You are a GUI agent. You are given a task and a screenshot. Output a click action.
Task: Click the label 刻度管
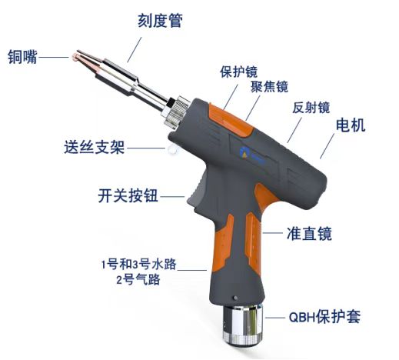161,21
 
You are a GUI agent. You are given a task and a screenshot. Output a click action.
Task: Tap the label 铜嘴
22,57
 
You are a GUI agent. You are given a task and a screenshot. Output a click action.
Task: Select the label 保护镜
239,72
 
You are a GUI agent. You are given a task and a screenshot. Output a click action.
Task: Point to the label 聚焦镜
269,87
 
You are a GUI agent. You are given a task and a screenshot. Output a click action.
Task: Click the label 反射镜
311,108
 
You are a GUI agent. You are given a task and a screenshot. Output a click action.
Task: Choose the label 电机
351,125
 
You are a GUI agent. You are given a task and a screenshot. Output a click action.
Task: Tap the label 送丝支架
95,147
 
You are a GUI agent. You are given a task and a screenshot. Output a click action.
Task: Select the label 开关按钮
128,196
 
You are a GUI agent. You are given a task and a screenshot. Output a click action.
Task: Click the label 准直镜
309,233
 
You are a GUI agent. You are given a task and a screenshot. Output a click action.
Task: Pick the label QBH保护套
324,317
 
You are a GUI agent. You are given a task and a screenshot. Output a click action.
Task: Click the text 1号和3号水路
139,264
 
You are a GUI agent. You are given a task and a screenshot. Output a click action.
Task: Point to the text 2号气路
138,279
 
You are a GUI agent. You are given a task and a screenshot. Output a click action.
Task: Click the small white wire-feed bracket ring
171,148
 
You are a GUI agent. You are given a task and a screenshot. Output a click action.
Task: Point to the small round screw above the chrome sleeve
234,298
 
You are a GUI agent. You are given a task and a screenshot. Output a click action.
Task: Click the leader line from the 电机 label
328,146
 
